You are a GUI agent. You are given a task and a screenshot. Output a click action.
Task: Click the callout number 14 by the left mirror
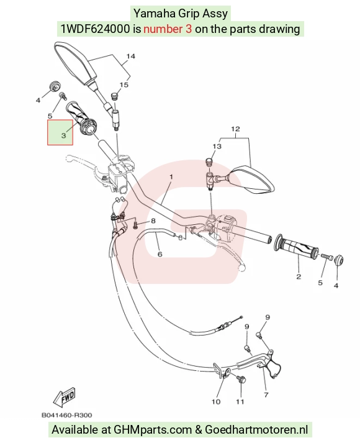[130, 56]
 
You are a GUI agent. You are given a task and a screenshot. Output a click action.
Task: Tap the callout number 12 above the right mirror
[235, 129]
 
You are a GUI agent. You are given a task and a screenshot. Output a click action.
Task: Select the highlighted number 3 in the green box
[63, 135]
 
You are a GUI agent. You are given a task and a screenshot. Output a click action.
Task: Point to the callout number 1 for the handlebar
[171, 177]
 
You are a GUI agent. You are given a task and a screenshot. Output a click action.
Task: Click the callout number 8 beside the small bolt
[153, 221]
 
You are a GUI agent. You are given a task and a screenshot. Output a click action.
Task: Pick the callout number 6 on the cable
[160, 254]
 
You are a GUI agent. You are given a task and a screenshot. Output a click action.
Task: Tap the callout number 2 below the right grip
[299, 276]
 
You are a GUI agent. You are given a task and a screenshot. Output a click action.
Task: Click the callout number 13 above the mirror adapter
[217, 147]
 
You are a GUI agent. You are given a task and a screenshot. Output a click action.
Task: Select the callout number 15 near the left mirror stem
[124, 84]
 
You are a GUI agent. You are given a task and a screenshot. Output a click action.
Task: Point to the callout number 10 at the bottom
[216, 401]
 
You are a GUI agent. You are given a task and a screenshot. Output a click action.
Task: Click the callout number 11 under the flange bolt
[240, 401]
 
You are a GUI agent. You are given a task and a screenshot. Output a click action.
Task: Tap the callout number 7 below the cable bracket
[266, 395]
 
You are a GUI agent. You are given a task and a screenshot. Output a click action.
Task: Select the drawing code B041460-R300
[66, 415]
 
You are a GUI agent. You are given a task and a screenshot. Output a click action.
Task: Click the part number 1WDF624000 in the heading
[96, 29]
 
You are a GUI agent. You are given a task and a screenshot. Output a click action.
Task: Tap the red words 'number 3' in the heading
[168, 29]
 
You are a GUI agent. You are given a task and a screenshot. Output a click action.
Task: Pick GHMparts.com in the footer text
[153, 430]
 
